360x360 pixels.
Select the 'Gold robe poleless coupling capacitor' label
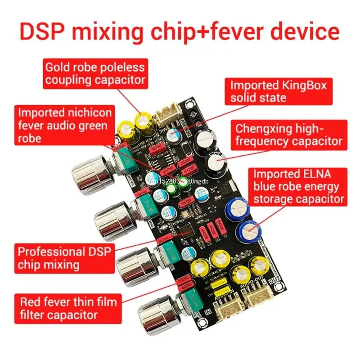click(x=95, y=73)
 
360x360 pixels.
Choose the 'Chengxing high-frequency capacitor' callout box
click(x=288, y=134)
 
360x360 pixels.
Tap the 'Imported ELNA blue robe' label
click(x=298, y=186)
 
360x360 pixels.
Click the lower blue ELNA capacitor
click(x=250, y=231)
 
